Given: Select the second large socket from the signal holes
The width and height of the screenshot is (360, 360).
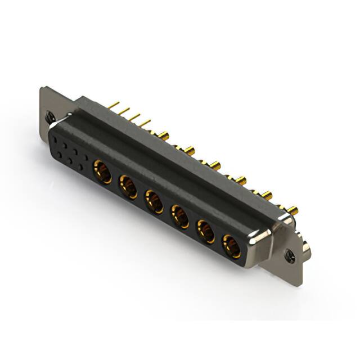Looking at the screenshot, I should (128, 186).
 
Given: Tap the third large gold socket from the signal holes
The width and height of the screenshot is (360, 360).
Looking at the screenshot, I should (154, 201).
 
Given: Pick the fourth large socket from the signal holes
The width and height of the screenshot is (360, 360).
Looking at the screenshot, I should (180, 216).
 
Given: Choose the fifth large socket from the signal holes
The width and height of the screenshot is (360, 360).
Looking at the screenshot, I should (205, 231).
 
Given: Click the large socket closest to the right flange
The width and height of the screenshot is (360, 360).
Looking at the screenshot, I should (231, 245).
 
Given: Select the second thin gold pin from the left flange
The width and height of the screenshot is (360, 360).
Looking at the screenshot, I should (124, 110).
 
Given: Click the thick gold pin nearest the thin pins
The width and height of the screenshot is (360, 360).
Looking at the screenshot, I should (163, 136).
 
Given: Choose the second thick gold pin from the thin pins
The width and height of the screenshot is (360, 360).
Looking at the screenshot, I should (189, 151).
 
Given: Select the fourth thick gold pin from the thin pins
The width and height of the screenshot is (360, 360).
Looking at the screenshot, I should (241, 181).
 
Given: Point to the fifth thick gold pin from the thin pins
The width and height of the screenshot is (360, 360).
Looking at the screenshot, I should (266, 196).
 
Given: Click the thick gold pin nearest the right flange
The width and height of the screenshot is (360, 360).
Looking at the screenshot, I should (292, 211).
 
